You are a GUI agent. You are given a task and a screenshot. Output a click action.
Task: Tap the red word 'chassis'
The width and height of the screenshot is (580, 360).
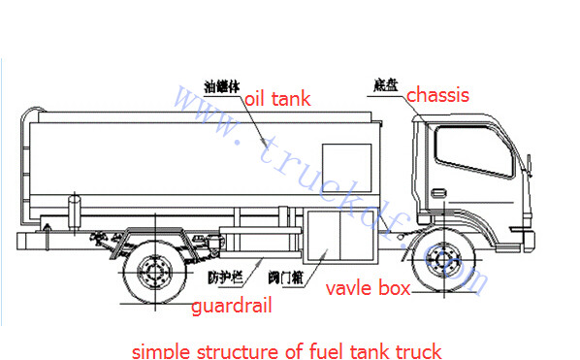[x=437, y=95]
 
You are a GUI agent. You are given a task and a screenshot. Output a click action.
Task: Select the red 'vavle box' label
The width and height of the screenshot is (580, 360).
[x=368, y=288]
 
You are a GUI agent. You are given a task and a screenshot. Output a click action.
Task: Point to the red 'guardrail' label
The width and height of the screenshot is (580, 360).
[x=231, y=306]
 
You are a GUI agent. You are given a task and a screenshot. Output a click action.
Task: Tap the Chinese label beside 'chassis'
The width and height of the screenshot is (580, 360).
[x=385, y=86]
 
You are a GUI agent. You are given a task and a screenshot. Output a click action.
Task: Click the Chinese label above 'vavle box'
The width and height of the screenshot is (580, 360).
[x=288, y=278]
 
